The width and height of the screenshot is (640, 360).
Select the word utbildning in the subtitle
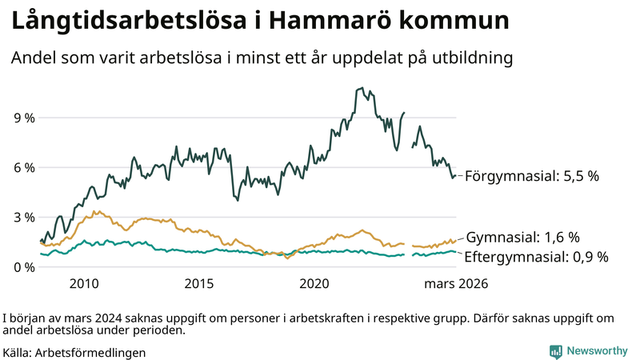(472, 58)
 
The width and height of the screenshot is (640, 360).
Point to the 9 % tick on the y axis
(24, 118)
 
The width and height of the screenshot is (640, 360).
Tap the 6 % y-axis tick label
(24, 167)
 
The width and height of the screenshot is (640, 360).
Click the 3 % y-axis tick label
(24, 217)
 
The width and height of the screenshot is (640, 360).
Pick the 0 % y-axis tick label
(24, 266)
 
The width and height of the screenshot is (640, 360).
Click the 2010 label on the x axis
(84, 283)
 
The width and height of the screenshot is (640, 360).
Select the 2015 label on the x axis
(199, 283)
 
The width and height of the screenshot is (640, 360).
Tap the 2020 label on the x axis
(314, 283)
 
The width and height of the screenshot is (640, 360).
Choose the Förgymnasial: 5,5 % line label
(532, 176)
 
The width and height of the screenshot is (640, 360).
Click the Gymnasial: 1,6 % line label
(522, 238)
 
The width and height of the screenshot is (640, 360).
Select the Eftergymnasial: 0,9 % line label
(537, 257)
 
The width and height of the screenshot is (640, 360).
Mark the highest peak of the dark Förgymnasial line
(362, 88)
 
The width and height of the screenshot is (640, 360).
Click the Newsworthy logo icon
(555, 351)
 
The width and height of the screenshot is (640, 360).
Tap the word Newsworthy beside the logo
(598, 351)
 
